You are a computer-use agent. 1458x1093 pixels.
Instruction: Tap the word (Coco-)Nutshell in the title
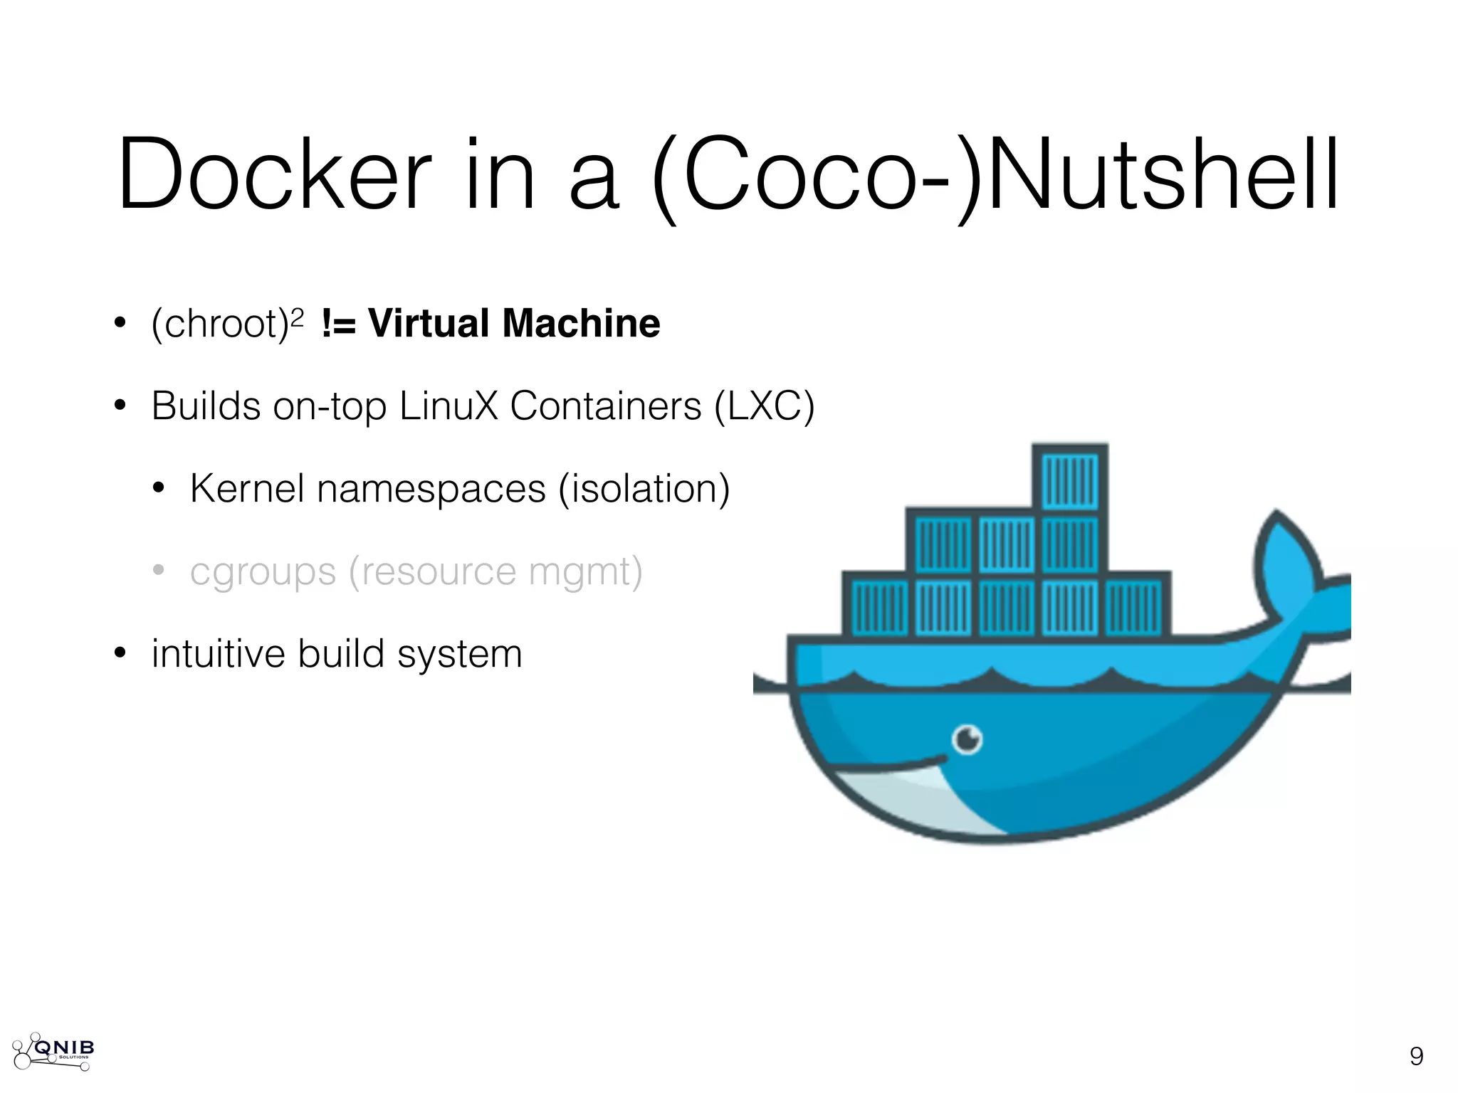point(995,176)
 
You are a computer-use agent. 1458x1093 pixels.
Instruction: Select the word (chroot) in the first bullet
point(219,324)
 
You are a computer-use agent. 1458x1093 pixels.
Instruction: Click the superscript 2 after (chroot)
point(298,315)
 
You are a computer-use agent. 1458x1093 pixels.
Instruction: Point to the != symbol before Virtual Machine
point(338,324)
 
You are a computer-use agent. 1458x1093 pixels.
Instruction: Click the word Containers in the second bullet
point(606,406)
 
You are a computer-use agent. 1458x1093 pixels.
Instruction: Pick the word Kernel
point(247,489)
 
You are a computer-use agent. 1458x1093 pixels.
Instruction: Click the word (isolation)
point(644,489)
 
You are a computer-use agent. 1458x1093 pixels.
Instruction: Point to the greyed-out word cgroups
point(263,573)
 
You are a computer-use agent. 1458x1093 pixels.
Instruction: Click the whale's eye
point(967,739)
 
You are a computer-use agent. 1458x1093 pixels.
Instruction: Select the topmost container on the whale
point(1070,477)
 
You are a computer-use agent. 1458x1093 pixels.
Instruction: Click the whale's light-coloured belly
point(918,801)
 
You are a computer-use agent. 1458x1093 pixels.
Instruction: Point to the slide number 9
point(1416,1056)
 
